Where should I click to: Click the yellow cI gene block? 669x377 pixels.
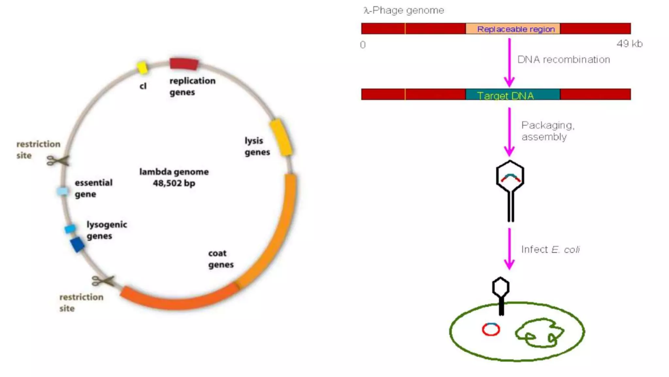coord(142,67)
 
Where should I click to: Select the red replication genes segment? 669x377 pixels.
coord(184,63)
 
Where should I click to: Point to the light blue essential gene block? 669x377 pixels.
coord(62,191)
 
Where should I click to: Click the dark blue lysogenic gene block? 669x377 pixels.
coord(77,245)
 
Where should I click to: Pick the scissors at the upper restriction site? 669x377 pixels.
coord(58,161)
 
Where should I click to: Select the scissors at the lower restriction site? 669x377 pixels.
coord(103,281)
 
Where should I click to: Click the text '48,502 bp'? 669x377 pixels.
coord(174,183)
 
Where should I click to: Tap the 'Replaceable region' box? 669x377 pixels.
coord(513,29)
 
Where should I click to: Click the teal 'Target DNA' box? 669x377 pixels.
coord(513,94)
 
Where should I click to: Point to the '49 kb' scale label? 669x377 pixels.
coord(629,44)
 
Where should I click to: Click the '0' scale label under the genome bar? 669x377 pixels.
coord(363,45)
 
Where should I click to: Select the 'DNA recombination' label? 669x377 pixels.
coord(563,60)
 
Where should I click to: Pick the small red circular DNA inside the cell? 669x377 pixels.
coord(491,329)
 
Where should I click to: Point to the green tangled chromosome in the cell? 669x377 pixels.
coord(539,333)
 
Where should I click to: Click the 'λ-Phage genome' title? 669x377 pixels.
coord(404,10)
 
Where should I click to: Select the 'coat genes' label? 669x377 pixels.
coord(221,259)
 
